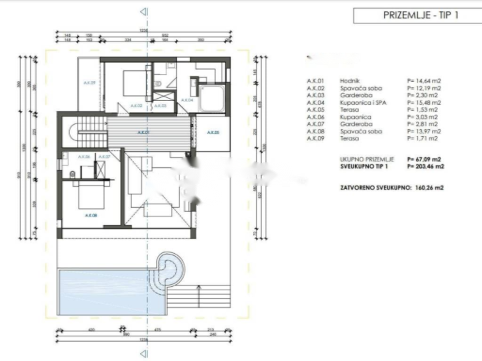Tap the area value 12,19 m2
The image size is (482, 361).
424,88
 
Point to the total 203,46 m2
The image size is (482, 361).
426,166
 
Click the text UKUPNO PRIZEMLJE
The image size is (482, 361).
367,159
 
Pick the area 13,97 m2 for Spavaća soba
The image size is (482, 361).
424,131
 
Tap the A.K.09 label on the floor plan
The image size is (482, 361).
89,83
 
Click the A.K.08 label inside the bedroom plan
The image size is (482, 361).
91,215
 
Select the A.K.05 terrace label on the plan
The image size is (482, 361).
213,133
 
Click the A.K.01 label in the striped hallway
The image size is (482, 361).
144,133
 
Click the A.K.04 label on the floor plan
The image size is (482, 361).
187,100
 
